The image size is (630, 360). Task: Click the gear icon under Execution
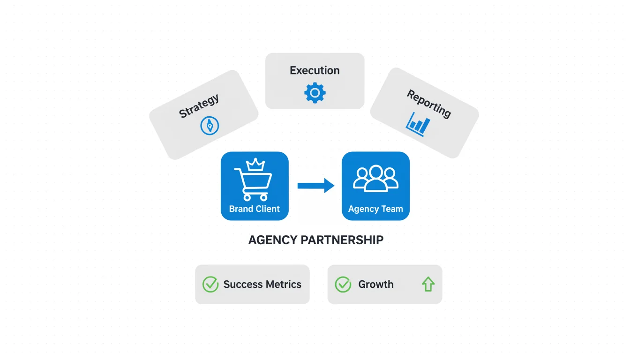[315, 93]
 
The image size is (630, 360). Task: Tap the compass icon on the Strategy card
[210, 126]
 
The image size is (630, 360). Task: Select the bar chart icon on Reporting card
[418, 124]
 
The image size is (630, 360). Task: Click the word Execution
[315, 70]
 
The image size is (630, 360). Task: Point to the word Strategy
[199, 106]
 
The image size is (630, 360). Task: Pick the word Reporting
[429, 104]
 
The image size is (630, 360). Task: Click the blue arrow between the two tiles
[315, 186]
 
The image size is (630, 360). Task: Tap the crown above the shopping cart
[256, 165]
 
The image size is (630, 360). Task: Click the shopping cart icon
[253, 184]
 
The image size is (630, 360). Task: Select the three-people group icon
[375, 179]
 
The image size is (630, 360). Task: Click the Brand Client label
[255, 209]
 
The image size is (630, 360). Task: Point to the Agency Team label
[375, 209]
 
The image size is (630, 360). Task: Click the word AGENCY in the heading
[272, 240]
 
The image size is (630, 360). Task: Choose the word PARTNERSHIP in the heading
[342, 240]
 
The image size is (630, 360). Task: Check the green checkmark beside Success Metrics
[210, 284]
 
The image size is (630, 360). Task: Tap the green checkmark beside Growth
[343, 284]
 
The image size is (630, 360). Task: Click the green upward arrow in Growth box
[428, 284]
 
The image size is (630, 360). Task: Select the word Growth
[376, 284]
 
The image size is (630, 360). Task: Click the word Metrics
[282, 284]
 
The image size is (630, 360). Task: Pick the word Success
[242, 284]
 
